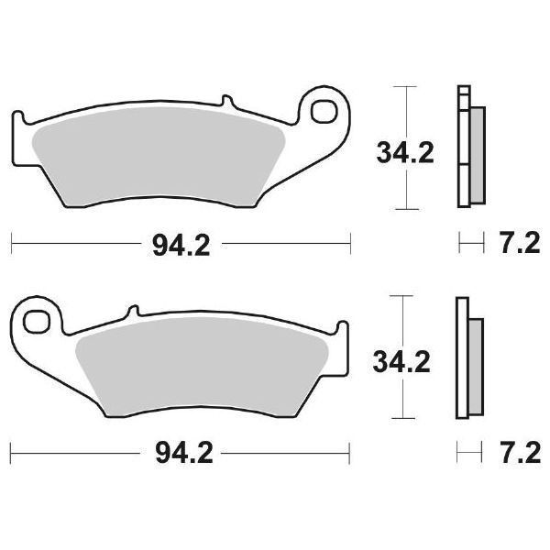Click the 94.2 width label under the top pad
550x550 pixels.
tap(181, 244)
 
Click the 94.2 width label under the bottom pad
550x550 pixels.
tap(181, 453)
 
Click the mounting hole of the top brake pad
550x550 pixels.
tap(325, 115)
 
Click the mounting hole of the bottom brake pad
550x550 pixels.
tap(38, 324)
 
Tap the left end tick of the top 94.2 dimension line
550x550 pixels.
tap(11, 244)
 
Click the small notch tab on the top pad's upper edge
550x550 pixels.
tap(225, 103)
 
